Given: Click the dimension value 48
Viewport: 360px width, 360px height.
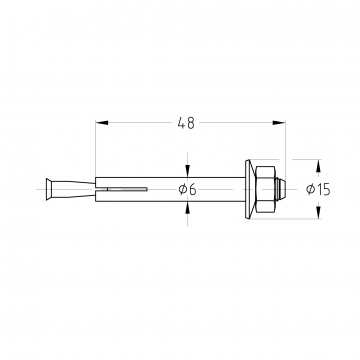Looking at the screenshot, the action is coord(186,123).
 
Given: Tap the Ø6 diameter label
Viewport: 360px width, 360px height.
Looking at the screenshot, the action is coord(187,189).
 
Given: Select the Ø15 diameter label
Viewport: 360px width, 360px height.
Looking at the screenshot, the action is coord(318,189).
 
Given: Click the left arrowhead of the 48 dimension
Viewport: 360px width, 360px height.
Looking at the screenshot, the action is coord(102,123).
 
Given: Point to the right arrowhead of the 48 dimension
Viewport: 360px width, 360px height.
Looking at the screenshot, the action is coord(279,123).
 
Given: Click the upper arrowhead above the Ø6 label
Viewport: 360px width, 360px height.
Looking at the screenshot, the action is coord(188,171).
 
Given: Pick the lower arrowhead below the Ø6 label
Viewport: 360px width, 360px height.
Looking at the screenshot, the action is coord(188,208).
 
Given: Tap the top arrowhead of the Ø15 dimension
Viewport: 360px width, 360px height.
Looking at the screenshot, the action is coord(318,166).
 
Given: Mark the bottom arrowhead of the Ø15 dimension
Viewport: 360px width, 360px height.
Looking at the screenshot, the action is coord(318,213).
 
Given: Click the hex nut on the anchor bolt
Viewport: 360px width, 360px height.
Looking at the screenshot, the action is coord(265,189).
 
